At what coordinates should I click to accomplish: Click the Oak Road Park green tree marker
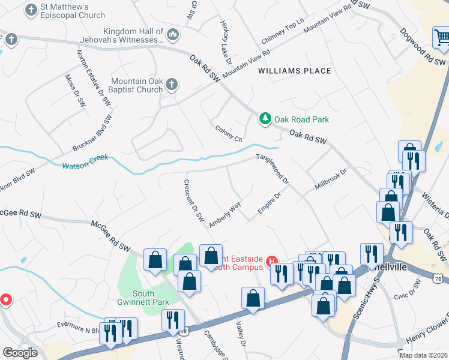265,119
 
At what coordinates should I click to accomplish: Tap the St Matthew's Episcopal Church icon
30,10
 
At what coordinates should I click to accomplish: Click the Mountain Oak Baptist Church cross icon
171,85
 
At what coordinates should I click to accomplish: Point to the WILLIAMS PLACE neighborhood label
295,71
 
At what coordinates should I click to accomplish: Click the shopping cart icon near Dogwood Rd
442,37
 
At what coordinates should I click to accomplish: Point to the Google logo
20,353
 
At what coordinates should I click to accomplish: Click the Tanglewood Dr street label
274,169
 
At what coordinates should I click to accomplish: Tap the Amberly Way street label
225,214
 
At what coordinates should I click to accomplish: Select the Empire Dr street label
270,203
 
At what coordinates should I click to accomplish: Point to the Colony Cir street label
229,133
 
